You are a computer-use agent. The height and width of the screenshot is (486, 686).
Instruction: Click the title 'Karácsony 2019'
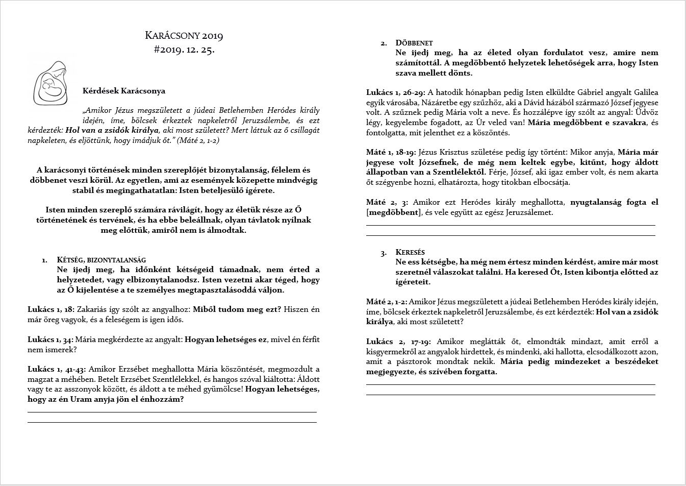coord(184,36)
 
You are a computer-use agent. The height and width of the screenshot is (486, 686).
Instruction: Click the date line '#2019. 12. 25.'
coord(184,50)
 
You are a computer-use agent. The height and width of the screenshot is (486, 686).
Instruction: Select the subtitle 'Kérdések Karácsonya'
coord(124,91)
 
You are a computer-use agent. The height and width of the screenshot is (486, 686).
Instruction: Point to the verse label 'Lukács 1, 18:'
coord(51,309)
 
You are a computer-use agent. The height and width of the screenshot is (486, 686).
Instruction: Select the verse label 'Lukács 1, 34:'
coord(51,339)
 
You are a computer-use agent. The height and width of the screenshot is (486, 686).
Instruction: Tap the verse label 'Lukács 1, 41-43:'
coord(57,369)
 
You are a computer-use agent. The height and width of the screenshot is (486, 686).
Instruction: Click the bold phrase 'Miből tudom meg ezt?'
coord(237,309)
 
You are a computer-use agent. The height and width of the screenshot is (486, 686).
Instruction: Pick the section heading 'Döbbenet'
coord(414,43)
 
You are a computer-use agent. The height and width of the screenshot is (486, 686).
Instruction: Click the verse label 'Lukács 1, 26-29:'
coord(396,92)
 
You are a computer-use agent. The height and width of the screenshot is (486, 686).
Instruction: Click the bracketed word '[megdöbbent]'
coord(392,212)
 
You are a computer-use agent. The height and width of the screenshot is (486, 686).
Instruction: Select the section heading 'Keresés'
coord(410,252)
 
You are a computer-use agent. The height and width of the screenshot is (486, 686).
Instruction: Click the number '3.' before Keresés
coord(384,253)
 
